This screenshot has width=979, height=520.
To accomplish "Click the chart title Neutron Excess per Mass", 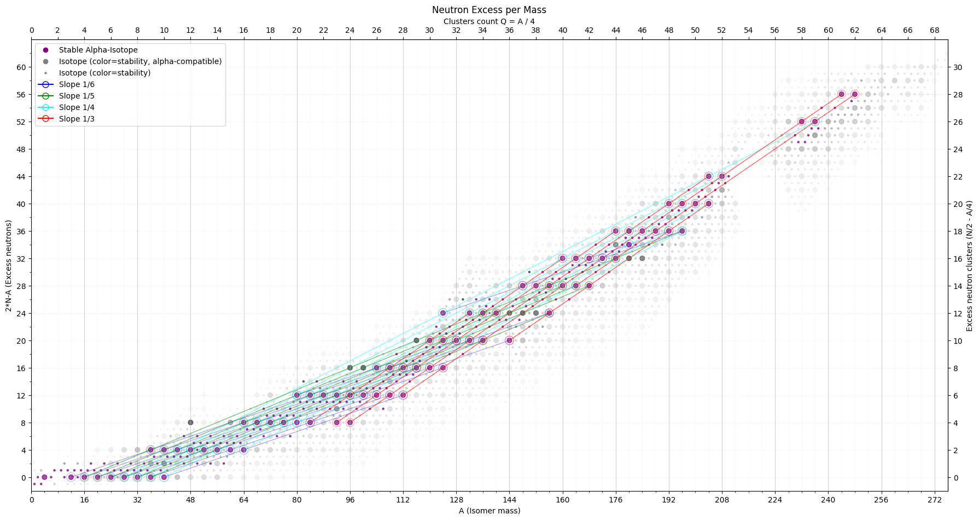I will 489,10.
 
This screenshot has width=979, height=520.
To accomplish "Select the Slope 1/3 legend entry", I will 77,119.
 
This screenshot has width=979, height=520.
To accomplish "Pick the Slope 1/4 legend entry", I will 77,107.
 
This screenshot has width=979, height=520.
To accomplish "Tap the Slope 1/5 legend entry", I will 77,96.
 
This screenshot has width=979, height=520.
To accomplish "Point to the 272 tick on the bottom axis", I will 935,500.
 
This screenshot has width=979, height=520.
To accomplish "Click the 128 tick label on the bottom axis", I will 457,500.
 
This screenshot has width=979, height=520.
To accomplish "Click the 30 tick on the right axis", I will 958,67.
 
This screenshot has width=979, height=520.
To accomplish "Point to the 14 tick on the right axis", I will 958,286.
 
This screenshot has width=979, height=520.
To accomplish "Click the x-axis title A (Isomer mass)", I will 489,511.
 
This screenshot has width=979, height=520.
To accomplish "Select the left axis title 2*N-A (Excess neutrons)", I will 9,266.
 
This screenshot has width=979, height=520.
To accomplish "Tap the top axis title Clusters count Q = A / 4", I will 489,21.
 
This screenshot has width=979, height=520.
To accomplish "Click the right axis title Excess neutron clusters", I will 969,266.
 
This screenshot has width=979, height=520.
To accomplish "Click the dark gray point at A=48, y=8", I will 190,423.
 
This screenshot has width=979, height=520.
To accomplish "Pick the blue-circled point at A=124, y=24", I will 443,313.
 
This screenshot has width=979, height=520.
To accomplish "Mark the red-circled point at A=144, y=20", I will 509,340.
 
